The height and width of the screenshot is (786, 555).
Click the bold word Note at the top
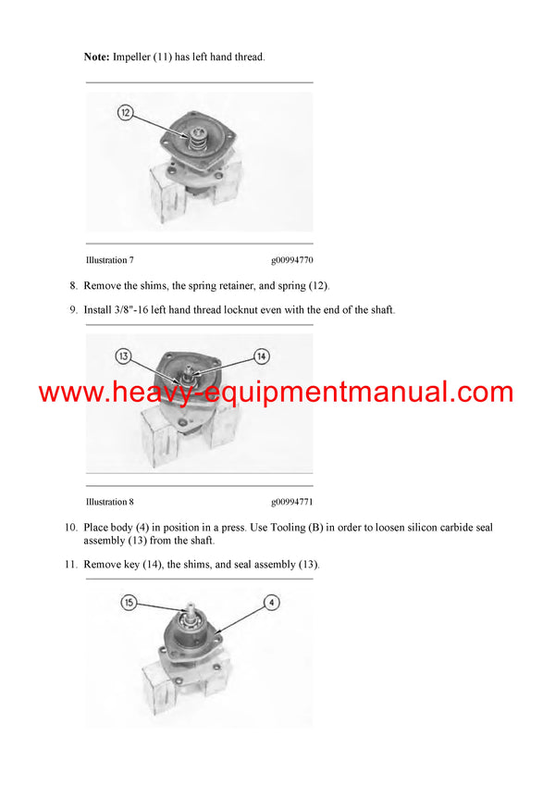(96, 57)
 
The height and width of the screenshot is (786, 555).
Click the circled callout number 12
(126, 113)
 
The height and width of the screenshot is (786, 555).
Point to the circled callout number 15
(129, 603)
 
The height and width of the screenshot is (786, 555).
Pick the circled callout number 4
(272, 603)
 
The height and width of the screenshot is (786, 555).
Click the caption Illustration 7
(109, 261)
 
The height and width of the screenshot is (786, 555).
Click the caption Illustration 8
(109, 502)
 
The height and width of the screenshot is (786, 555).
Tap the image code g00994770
(292, 261)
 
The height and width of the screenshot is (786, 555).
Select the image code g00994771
(292, 502)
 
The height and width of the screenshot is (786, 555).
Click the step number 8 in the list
(73, 285)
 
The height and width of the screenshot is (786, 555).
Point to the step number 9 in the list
(73, 310)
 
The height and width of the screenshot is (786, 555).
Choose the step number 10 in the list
(70, 528)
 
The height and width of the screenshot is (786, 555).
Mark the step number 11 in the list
(70, 565)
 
